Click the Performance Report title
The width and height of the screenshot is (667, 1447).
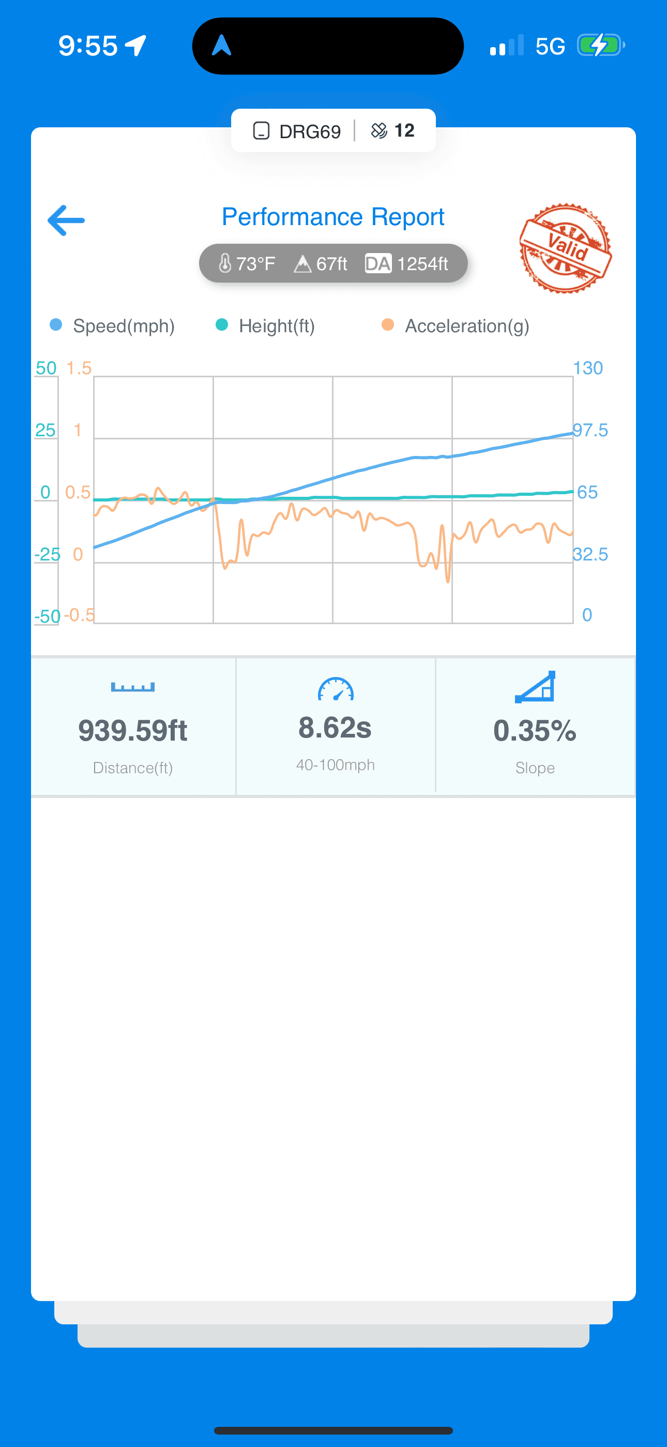click(x=333, y=217)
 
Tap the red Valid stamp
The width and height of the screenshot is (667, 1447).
click(x=565, y=248)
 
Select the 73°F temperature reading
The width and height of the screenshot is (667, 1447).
click(x=247, y=263)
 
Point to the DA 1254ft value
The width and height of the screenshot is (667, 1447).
click(x=407, y=263)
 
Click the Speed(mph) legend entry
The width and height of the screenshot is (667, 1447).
click(x=113, y=326)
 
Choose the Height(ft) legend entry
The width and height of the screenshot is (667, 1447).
click(x=266, y=326)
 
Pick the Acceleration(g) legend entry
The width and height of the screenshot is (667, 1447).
click(x=456, y=326)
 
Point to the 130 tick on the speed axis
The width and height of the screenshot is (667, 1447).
click(x=587, y=368)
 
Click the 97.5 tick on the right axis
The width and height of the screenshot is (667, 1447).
click(x=590, y=430)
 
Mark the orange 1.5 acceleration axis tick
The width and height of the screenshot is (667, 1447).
click(x=79, y=368)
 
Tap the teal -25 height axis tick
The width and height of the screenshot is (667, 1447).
click(x=47, y=554)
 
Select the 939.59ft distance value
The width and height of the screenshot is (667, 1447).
click(x=132, y=730)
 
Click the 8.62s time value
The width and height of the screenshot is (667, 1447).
click(x=335, y=728)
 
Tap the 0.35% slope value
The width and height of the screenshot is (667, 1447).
click(x=535, y=730)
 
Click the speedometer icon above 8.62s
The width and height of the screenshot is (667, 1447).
click(x=336, y=690)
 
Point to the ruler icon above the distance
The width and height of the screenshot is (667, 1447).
click(x=132, y=687)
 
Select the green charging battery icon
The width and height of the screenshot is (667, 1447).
click(x=600, y=46)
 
